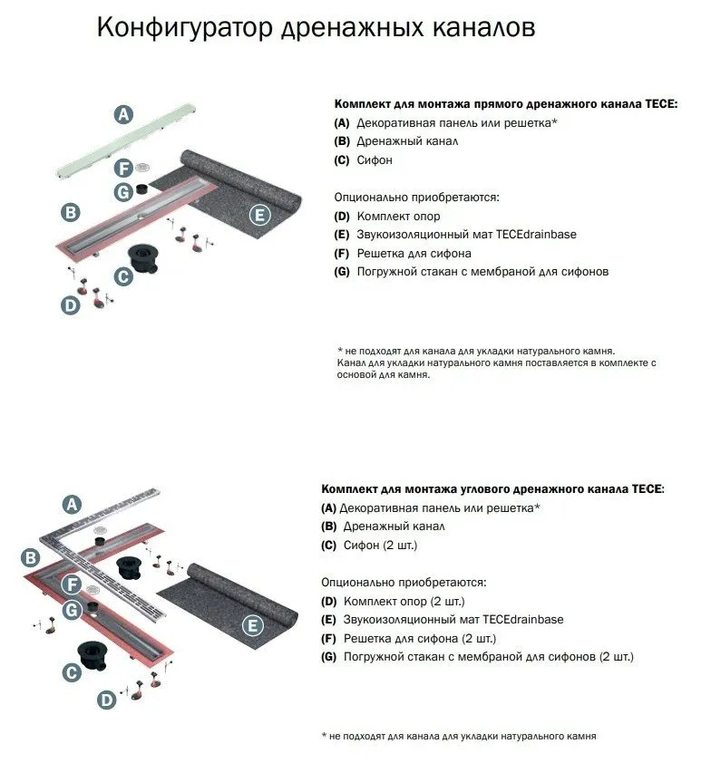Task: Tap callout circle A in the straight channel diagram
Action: pyautogui.click(x=123, y=114)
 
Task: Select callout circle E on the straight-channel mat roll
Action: pyautogui.click(x=259, y=215)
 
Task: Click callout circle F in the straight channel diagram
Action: pyautogui.click(x=124, y=168)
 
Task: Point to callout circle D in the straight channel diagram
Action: pyautogui.click(x=71, y=305)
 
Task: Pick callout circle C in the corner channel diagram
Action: pyautogui.click(x=71, y=671)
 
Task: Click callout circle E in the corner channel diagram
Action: pyautogui.click(x=253, y=624)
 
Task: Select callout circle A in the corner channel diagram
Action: pyautogui.click(x=72, y=504)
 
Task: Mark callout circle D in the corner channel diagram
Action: pyautogui.click(x=107, y=700)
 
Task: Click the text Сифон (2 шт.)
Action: pyautogui.click(x=380, y=546)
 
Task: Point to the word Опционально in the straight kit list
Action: pyautogui.click(x=369, y=197)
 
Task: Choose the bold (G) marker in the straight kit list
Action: pyautogui.click(x=342, y=271)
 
